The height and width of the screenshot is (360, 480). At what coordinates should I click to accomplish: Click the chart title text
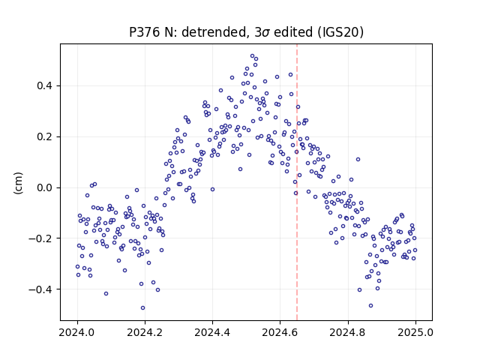tap(247, 32)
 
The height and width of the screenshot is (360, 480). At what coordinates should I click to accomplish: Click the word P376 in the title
tap(143, 32)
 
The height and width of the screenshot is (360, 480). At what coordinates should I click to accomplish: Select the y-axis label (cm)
tap(18, 183)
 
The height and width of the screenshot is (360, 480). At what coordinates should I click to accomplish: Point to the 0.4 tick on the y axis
tap(45, 85)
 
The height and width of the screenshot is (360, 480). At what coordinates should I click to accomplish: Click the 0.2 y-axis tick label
tap(45, 136)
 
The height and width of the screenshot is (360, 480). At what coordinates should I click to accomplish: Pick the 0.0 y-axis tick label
tap(45, 187)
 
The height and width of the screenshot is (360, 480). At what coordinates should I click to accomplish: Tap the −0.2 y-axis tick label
tap(41, 238)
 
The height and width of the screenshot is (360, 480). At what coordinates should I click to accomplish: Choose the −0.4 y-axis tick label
tap(41, 289)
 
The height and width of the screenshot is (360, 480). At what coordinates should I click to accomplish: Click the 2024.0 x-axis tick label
tap(77, 332)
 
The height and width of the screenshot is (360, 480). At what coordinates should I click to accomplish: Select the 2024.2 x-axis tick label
tap(145, 332)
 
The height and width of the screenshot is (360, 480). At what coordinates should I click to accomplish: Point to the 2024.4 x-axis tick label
tap(212, 332)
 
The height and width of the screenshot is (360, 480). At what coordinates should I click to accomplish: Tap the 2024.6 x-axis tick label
tap(280, 332)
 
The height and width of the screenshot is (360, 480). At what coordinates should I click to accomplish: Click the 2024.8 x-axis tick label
tap(348, 332)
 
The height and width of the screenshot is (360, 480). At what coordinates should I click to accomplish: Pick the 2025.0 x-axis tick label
tap(415, 332)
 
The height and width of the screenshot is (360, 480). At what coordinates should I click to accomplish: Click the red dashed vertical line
tap(297, 182)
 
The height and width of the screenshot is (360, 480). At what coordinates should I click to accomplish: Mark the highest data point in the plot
tap(252, 56)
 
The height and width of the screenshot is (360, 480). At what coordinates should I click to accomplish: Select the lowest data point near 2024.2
tap(142, 308)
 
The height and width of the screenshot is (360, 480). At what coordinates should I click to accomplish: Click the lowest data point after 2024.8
tap(370, 305)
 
